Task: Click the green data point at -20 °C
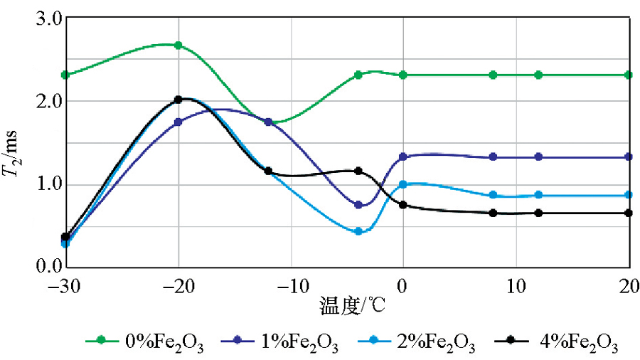[x=178, y=46]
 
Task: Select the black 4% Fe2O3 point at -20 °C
[x=178, y=100]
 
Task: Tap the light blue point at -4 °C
[x=358, y=231]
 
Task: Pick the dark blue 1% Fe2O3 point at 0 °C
[x=403, y=157]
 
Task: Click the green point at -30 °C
[x=65, y=75]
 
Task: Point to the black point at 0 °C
[x=403, y=205]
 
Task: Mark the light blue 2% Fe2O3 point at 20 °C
[x=629, y=195]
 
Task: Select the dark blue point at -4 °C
[x=358, y=205]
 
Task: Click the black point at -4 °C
[x=358, y=171]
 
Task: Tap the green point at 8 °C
[x=494, y=75]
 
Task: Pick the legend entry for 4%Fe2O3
[x=562, y=345]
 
